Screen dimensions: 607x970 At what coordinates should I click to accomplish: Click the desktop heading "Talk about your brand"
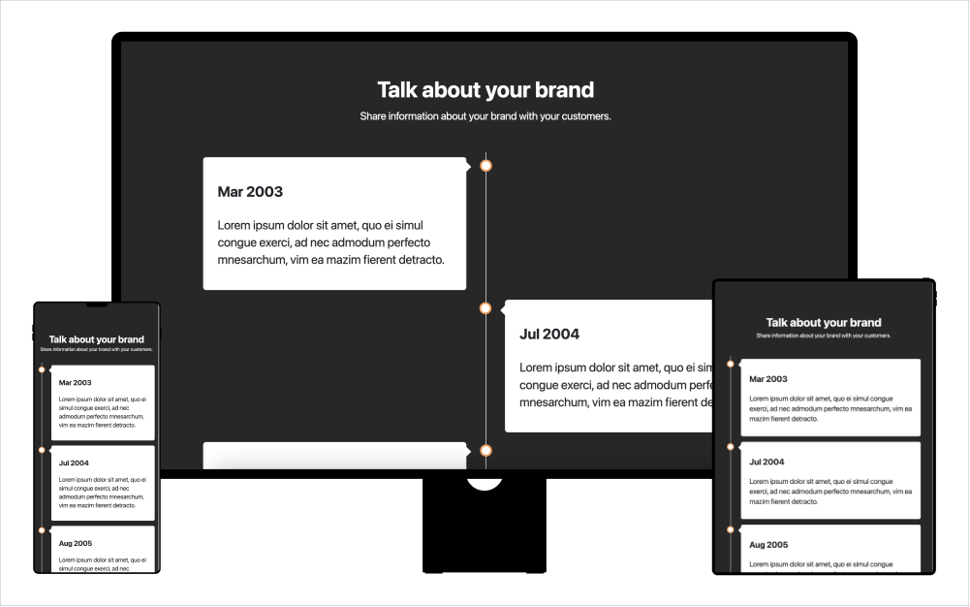(x=485, y=90)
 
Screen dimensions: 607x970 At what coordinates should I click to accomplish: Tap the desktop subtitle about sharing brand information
(x=485, y=116)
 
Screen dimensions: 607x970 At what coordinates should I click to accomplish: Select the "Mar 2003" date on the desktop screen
(x=250, y=192)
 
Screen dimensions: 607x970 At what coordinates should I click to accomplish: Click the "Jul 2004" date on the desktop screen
(x=549, y=334)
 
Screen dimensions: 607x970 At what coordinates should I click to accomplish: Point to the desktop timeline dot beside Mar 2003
(x=485, y=166)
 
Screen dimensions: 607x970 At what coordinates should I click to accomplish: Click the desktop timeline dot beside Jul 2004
(x=485, y=308)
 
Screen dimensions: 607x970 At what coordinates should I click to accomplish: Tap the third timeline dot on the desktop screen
(x=485, y=451)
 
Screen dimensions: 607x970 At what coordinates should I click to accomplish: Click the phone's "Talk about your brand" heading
(x=97, y=339)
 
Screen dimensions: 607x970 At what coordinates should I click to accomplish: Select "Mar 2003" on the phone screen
(x=75, y=382)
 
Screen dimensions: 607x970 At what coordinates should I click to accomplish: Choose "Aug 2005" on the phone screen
(x=75, y=543)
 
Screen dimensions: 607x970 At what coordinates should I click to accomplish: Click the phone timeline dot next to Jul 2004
(x=42, y=450)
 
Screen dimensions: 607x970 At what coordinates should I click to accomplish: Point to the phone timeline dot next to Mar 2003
(x=42, y=369)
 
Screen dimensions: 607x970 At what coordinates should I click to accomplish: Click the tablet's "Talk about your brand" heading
(x=824, y=323)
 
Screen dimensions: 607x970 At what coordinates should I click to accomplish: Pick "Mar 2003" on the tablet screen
(x=768, y=379)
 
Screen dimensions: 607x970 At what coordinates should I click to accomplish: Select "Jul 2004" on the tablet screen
(x=767, y=462)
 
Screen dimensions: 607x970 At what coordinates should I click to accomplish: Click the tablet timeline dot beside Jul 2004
(x=731, y=448)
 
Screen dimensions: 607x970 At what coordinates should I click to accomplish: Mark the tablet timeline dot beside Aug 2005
(x=731, y=530)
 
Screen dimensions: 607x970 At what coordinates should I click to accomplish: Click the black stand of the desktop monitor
(x=485, y=533)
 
